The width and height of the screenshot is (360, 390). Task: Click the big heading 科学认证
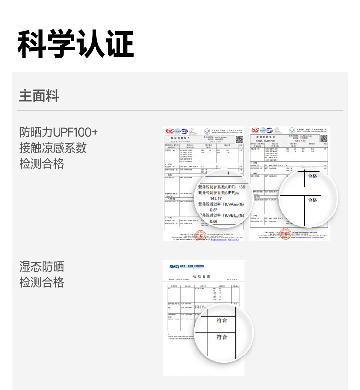[x=76, y=44]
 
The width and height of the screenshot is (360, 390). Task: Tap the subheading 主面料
[x=39, y=96]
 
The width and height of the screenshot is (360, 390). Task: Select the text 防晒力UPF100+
[x=59, y=132]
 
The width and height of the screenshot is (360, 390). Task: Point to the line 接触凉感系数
[x=53, y=148]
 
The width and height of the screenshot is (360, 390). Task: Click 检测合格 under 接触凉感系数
[x=42, y=164]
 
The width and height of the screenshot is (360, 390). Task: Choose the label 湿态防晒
[x=42, y=267]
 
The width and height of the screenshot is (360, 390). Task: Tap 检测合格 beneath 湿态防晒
[x=42, y=283]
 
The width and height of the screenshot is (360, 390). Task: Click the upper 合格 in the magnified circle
[x=312, y=176]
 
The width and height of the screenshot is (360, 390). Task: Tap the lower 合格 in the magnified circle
[x=312, y=200]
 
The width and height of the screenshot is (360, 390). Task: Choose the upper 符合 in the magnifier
[x=222, y=320]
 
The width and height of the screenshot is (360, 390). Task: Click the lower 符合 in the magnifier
[x=222, y=337]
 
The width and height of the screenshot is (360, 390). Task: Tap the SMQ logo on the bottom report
[x=174, y=267]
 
